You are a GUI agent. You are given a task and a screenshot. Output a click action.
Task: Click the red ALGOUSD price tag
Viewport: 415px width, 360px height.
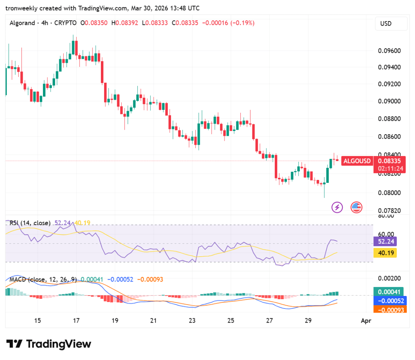357,161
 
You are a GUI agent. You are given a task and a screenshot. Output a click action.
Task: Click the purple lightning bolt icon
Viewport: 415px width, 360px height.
337,208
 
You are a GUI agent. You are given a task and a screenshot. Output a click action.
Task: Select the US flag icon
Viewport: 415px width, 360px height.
356,208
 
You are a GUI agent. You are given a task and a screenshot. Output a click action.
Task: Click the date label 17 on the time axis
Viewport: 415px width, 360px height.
76,321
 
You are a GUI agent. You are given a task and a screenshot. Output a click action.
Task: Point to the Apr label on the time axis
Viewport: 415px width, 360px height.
366,321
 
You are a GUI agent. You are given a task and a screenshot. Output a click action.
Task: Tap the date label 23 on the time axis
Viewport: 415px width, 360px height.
192,321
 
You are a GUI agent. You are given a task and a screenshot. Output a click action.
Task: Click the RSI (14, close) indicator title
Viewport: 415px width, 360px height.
30,223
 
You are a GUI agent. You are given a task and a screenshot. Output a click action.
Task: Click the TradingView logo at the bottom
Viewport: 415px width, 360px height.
49,344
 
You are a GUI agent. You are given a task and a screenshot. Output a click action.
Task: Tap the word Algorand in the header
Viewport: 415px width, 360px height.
22,23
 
